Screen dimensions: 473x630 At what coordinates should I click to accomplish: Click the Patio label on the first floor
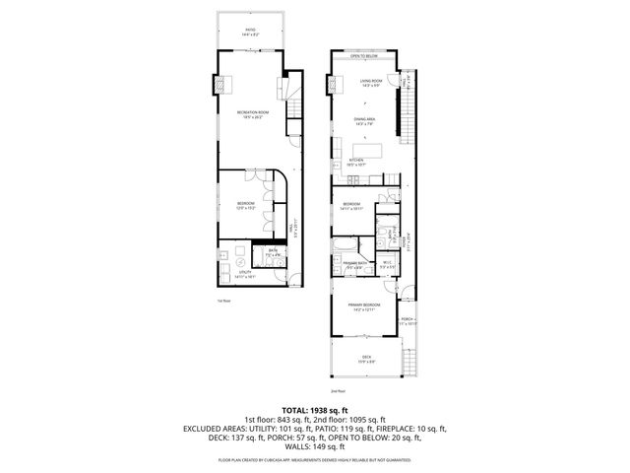[250, 32]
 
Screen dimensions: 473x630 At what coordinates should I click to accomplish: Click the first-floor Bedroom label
[245, 205]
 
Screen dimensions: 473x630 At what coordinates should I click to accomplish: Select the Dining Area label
[365, 121]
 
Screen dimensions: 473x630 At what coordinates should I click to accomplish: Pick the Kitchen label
[357, 163]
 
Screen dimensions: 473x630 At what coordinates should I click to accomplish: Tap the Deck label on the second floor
[365, 359]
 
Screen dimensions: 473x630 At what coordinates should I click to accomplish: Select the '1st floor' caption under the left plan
[223, 300]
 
